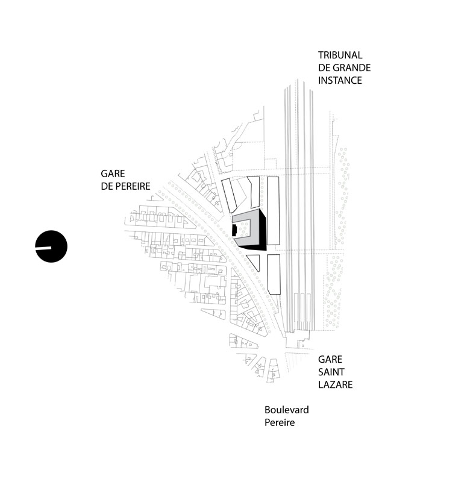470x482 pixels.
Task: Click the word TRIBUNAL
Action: (340, 55)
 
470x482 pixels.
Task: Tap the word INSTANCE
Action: (340, 80)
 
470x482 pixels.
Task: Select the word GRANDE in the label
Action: (352, 67)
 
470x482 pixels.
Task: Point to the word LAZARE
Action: (336, 384)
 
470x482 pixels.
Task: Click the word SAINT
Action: (331, 372)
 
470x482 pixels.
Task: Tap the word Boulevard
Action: (286, 410)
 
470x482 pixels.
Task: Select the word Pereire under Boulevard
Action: (280, 422)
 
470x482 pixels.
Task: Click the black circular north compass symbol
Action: (51, 246)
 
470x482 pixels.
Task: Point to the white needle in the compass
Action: (43, 248)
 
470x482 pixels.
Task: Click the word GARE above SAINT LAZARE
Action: (330, 359)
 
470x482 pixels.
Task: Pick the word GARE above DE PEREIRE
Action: (113, 174)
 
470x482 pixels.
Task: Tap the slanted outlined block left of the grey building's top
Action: (229, 196)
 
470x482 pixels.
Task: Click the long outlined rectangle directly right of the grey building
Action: (273, 211)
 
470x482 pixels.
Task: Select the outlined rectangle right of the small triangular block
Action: (274, 275)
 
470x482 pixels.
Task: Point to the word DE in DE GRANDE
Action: (324, 67)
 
